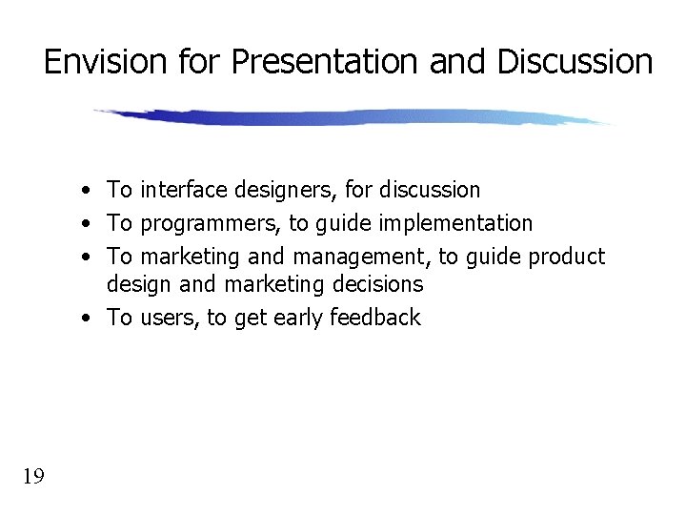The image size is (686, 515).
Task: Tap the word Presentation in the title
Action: pos(325,62)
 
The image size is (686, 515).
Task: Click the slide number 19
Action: pos(33,476)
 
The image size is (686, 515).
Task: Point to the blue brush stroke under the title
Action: pos(353,117)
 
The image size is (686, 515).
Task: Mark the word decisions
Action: pos(374,284)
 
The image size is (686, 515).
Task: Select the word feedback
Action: pos(375,318)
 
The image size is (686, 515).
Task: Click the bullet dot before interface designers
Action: pos(86,191)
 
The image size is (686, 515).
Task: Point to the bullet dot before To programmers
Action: pos(86,224)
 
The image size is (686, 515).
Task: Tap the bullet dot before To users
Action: pos(86,318)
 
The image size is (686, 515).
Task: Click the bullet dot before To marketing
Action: pos(86,257)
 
